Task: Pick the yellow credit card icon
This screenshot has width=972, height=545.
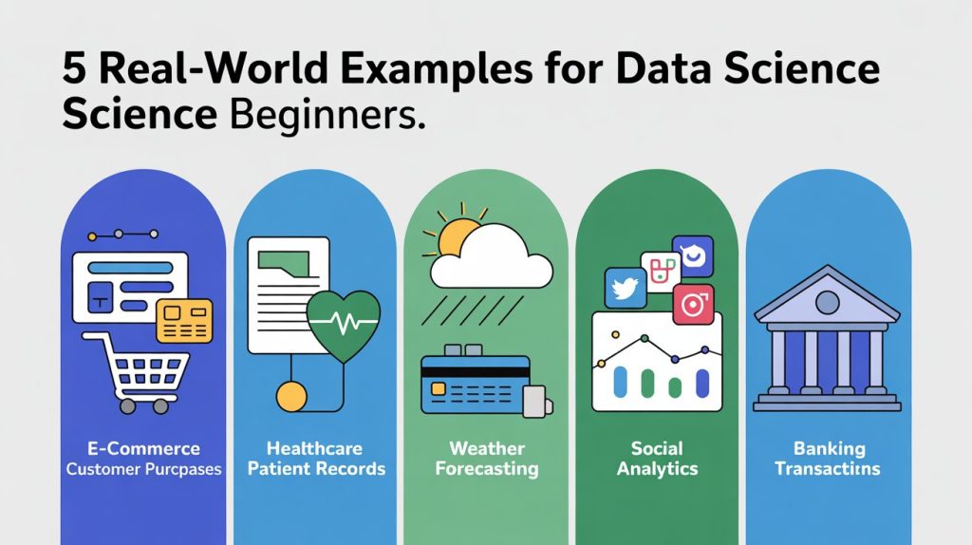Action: [x=184, y=318]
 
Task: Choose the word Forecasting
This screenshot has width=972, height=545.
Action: [x=485, y=469]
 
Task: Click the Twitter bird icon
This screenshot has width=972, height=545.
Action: [x=626, y=287]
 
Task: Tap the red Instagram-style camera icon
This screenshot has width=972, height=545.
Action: [x=692, y=305]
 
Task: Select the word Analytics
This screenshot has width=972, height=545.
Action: [x=657, y=469]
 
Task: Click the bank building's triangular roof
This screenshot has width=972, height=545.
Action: [x=827, y=296]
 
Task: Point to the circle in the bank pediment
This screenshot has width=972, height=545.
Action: [x=827, y=303]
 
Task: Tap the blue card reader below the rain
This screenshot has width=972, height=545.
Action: [x=475, y=384]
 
